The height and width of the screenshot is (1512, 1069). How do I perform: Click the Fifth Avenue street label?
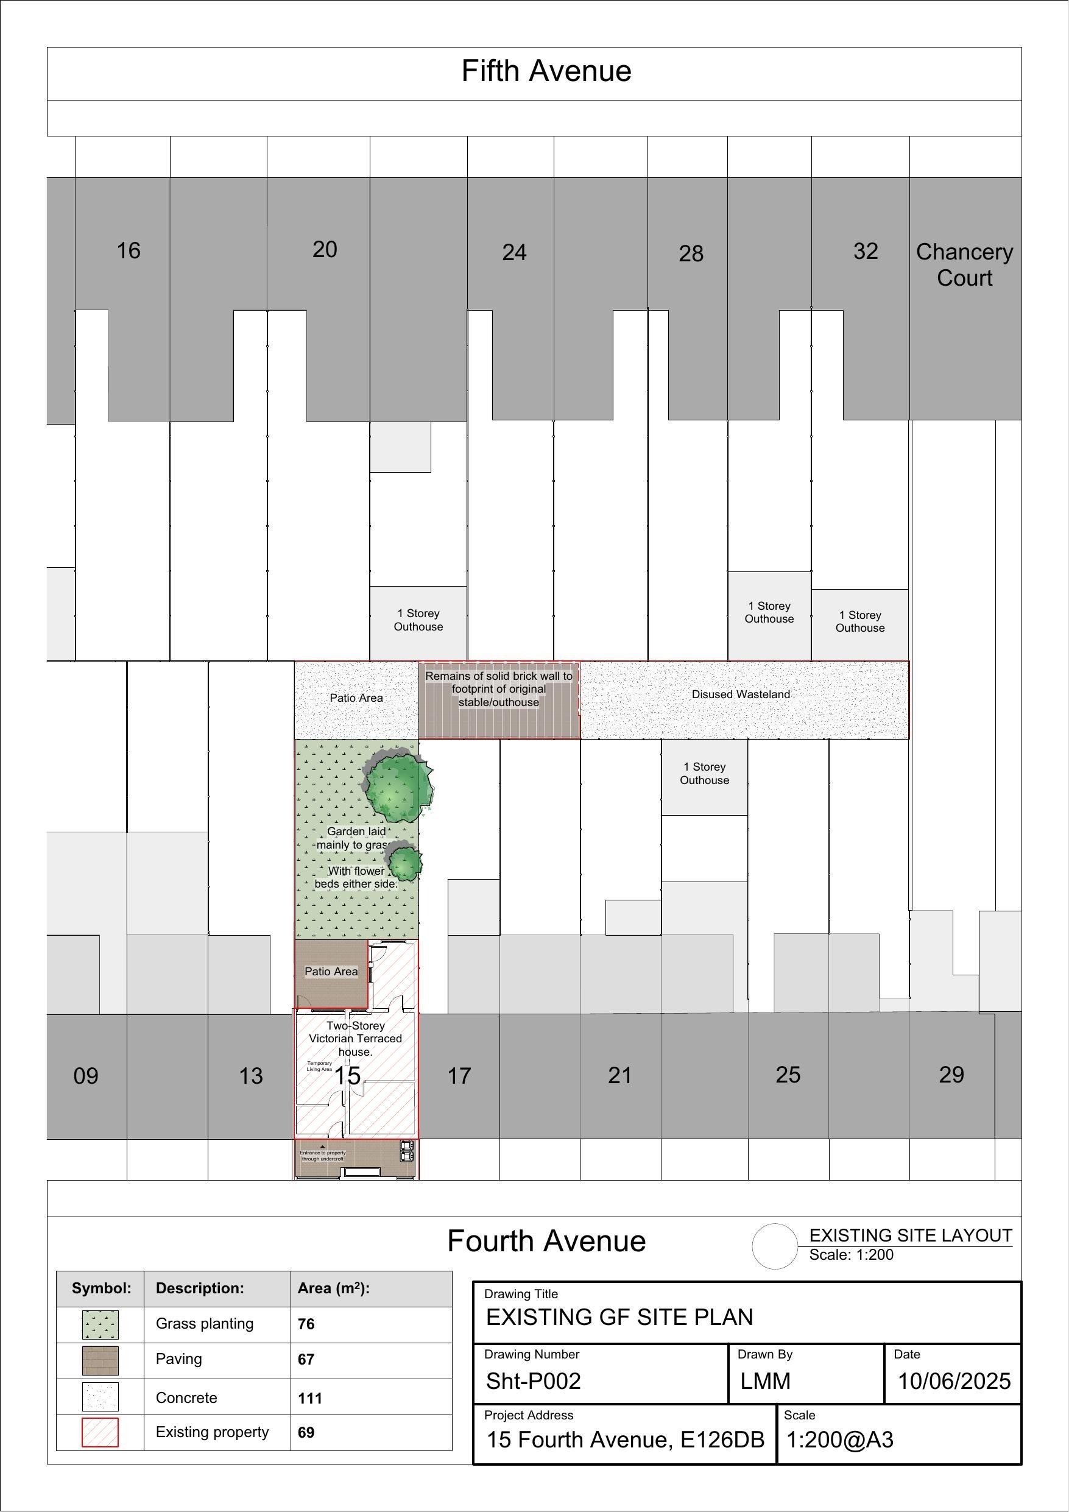[x=546, y=71]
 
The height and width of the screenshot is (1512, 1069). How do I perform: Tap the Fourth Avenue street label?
[x=546, y=1242]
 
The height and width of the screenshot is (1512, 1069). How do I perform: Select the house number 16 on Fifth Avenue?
[x=129, y=251]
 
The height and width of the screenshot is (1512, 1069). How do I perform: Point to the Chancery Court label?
[x=964, y=265]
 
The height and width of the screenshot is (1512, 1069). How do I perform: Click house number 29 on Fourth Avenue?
[x=951, y=1075]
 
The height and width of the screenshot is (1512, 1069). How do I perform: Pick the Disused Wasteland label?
[x=740, y=694]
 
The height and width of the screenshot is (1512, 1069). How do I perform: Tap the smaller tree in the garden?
[x=404, y=863]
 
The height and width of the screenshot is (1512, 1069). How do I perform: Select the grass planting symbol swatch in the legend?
[x=100, y=1324]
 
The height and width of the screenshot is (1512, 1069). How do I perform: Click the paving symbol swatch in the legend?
[x=100, y=1360]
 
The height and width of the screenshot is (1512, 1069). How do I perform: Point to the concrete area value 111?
[x=309, y=1397]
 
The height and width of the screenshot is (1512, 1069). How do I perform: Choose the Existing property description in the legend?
[x=212, y=1432]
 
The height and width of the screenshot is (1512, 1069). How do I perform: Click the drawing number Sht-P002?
[x=533, y=1381]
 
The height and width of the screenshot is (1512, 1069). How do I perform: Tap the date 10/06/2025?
[x=954, y=1381]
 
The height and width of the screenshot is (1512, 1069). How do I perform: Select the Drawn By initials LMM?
[x=764, y=1381]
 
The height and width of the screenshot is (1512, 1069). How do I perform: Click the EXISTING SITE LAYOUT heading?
[x=910, y=1235]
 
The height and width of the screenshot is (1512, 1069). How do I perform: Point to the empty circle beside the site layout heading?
[x=775, y=1246]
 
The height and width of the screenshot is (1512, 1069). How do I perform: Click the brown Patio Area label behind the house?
[x=331, y=971]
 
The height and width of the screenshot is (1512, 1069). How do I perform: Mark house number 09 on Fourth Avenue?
[x=86, y=1076]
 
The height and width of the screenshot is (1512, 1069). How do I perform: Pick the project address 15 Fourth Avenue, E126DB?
[x=625, y=1440]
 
